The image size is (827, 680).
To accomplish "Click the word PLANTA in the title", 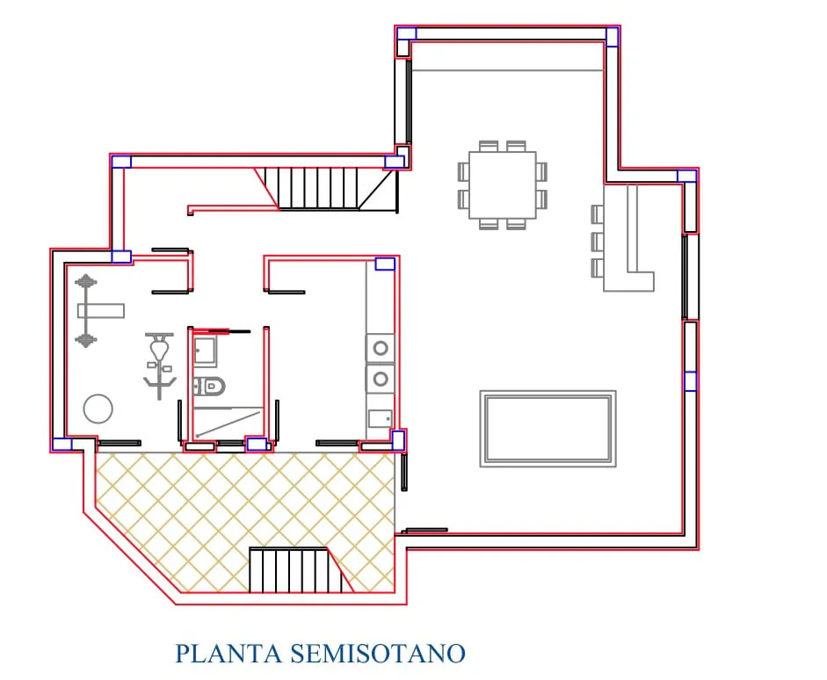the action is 229,654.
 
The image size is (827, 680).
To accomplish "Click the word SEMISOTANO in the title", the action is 378,654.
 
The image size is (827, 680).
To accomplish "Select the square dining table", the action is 502,185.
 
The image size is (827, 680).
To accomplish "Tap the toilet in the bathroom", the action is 209,387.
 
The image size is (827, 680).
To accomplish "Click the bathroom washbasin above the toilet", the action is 205,351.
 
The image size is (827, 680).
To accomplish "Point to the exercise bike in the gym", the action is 159,365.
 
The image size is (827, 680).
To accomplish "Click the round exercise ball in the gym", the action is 98,409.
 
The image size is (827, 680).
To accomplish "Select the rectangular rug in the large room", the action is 548,429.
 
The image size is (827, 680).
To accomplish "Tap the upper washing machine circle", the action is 381,348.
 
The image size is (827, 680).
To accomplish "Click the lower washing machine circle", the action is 381,379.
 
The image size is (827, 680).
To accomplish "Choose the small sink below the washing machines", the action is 381,418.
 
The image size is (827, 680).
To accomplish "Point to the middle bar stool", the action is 597,242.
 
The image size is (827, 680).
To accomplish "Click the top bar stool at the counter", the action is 597,215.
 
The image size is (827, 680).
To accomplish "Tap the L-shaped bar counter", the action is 628,238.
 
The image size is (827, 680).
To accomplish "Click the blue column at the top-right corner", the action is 612,37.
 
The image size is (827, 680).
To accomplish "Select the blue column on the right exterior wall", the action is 690,381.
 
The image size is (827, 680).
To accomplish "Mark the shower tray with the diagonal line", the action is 228,423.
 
